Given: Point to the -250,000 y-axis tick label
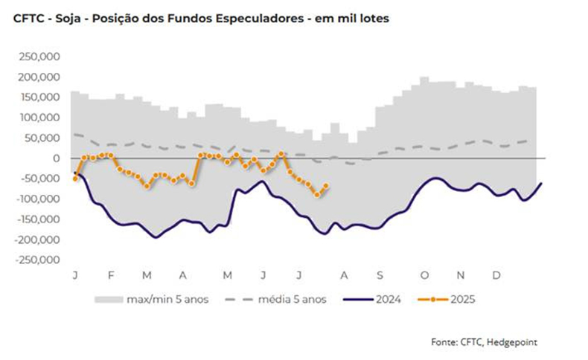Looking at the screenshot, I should (x=39, y=260).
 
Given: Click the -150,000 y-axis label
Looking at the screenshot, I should (x=39, y=219).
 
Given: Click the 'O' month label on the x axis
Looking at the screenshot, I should (x=424, y=275).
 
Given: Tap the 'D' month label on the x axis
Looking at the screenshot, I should (x=496, y=275).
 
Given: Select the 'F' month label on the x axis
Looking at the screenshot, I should (x=111, y=275).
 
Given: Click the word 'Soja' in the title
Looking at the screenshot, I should (x=63, y=17).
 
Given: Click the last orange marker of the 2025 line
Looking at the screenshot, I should (x=326, y=186).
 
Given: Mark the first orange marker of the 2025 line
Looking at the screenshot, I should (x=75, y=179).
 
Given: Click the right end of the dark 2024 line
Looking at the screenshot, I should (x=541, y=183).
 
